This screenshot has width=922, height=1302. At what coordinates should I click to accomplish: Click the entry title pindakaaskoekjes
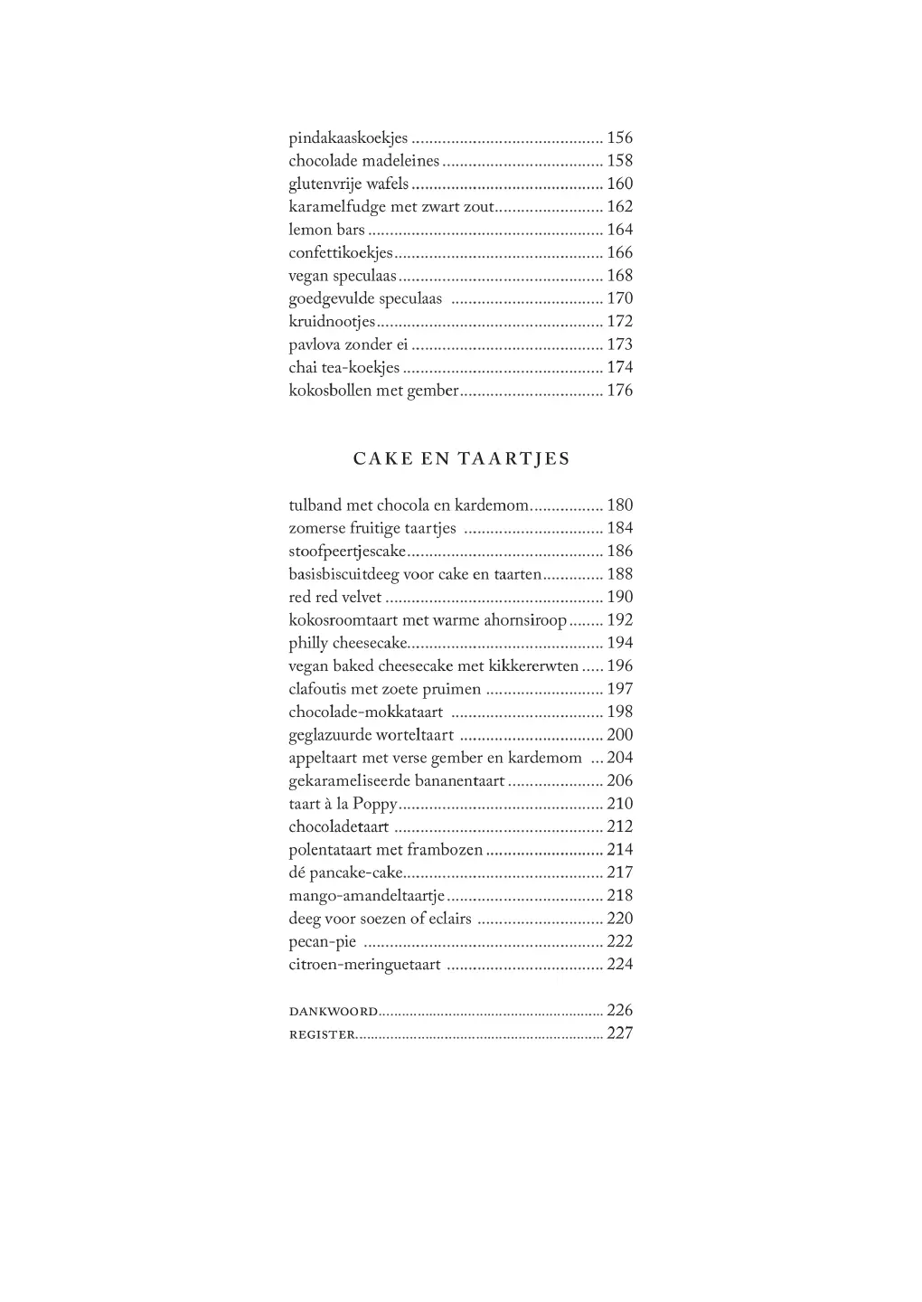click(x=348, y=138)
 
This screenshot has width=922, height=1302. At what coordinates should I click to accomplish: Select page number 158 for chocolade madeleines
click(x=619, y=161)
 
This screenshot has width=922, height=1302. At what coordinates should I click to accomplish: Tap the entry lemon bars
click(x=326, y=230)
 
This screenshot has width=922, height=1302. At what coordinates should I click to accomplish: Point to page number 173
click(x=619, y=344)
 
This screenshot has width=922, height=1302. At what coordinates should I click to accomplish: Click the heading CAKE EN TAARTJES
click(x=461, y=458)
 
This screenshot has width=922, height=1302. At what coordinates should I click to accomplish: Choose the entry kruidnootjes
click(x=332, y=322)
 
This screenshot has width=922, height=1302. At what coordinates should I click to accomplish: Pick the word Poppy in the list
click(x=374, y=804)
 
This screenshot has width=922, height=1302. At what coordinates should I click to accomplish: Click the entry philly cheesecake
click(x=348, y=643)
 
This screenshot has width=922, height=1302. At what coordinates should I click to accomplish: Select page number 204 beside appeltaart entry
click(x=619, y=758)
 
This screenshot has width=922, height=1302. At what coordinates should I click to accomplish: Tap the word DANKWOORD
click(x=334, y=1011)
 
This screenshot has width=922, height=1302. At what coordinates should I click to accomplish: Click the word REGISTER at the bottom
click(x=322, y=1034)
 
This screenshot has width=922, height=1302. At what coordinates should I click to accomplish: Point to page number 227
click(x=619, y=1033)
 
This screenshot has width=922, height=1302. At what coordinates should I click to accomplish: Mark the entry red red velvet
click(x=335, y=597)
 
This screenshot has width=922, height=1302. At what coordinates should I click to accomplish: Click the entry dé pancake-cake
click(x=345, y=873)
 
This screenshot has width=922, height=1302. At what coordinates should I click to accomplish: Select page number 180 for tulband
click(x=619, y=505)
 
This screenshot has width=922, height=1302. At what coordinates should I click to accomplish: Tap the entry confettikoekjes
click(x=341, y=253)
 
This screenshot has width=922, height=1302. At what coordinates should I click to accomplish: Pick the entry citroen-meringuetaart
click(x=364, y=965)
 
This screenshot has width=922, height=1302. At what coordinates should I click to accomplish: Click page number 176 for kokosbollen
click(x=619, y=391)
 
